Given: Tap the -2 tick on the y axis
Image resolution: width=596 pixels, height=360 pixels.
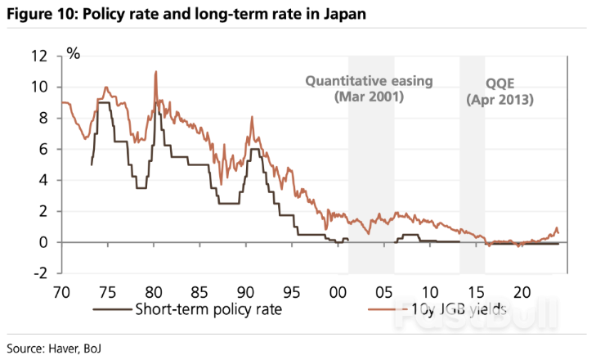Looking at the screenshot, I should [41, 273].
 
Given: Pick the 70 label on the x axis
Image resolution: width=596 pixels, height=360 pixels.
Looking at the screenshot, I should [61, 291].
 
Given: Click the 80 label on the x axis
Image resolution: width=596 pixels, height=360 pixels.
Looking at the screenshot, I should [153, 291].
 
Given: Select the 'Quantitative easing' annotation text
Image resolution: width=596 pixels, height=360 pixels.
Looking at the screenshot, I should [369, 81].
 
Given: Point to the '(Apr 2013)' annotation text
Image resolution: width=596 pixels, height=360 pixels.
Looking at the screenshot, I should [499, 100].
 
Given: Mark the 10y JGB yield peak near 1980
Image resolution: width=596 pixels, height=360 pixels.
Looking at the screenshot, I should [155, 72].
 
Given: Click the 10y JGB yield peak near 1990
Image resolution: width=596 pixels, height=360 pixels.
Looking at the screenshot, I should [252, 118].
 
